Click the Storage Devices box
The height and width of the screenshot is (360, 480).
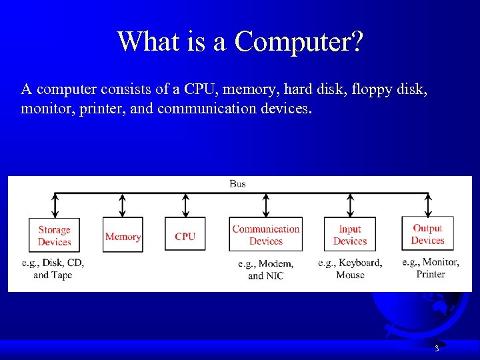point(54,235)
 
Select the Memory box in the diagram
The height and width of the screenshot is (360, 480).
point(123,235)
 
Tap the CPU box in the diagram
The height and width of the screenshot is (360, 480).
point(185,235)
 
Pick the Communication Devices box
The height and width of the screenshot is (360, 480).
point(265,235)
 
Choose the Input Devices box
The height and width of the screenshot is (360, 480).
point(350,235)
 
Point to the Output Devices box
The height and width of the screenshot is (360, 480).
point(427,234)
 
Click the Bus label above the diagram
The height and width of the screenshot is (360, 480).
point(237,183)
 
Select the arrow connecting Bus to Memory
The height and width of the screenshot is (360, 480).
point(123,205)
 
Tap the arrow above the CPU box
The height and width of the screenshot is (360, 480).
point(185,205)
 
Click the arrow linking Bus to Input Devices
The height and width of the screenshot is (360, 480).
point(351,205)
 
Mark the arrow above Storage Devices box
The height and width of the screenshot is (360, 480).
point(54,205)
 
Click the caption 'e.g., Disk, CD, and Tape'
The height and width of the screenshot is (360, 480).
point(53,269)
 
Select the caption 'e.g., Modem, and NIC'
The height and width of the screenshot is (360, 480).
point(265,269)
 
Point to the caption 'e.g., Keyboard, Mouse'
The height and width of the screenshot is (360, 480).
point(350,269)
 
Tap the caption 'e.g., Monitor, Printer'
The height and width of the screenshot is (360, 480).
point(430,268)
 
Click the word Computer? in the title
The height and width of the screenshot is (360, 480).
point(299,41)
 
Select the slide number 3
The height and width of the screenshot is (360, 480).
point(436,349)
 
